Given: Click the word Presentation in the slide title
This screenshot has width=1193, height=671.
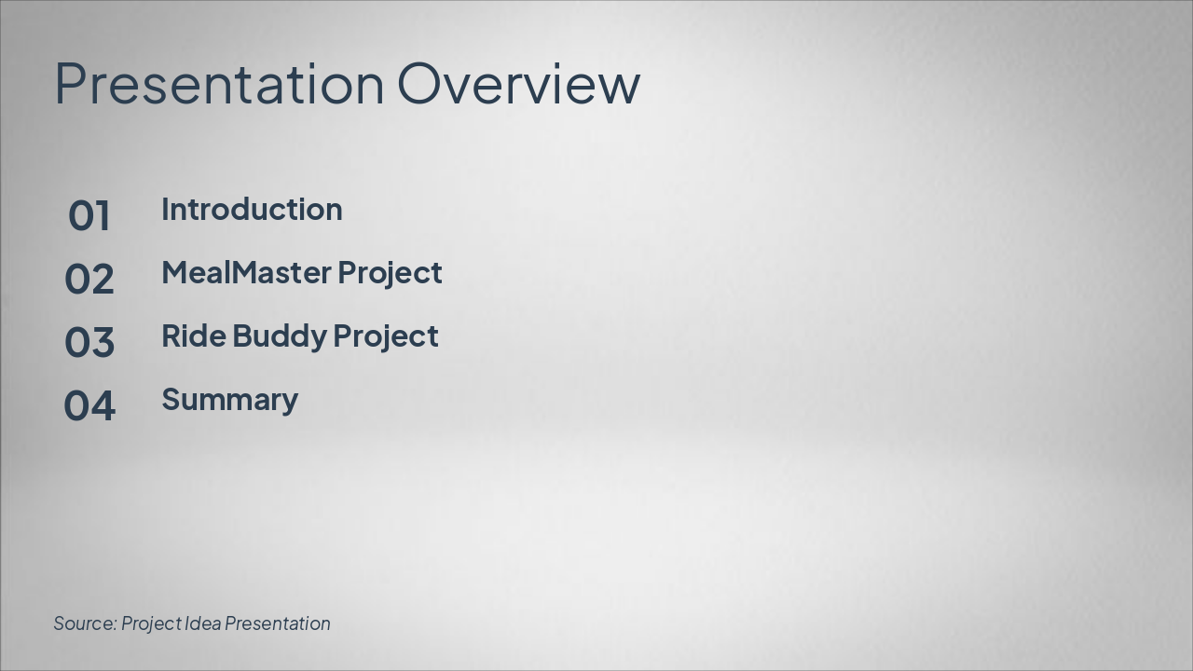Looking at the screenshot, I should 219,84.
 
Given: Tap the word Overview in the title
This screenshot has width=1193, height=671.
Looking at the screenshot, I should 519,84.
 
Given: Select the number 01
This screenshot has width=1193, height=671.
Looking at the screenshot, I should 89,216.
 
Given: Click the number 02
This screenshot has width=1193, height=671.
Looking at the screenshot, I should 89,280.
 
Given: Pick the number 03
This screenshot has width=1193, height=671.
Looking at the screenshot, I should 89,343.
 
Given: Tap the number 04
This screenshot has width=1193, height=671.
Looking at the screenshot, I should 89,406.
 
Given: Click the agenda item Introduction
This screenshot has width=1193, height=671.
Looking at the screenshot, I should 252,210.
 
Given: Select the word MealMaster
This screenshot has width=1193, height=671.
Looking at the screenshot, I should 246,273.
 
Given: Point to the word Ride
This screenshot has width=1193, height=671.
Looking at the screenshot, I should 193,336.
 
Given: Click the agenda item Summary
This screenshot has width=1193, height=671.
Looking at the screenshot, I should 229,400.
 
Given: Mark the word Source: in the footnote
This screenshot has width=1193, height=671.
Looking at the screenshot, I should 85,623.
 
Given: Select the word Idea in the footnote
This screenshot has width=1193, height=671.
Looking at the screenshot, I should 203,623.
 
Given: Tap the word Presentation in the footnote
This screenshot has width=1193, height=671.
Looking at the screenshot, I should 278,623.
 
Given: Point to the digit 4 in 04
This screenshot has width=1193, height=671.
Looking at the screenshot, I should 103,406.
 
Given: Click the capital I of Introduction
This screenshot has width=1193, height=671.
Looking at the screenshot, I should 166,210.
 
